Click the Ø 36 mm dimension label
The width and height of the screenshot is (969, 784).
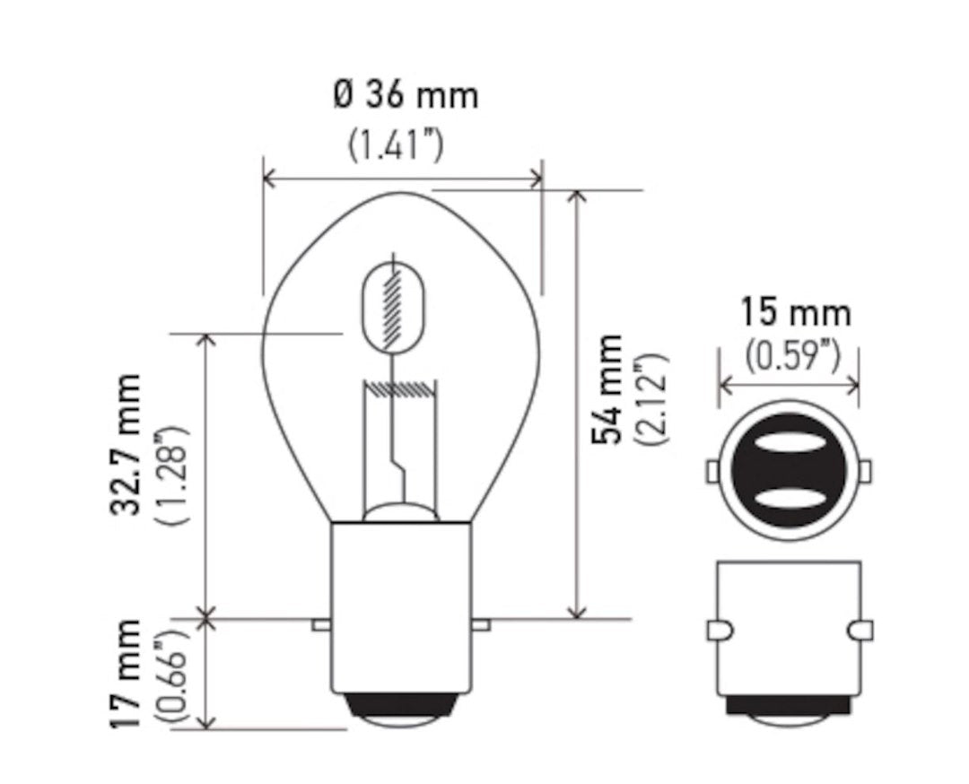(x=405, y=95)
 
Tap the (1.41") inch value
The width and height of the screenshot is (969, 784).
(x=396, y=144)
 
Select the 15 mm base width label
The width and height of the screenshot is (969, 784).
(x=794, y=313)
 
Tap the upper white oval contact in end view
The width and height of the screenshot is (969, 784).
(x=789, y=445)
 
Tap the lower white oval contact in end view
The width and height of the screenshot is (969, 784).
(x=789, y=498)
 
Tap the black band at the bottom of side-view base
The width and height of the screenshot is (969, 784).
(x=789, y=707)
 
